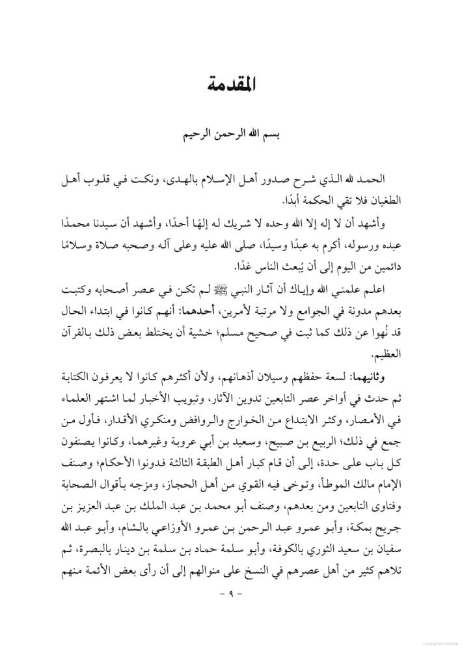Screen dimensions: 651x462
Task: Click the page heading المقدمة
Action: (230, 84)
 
